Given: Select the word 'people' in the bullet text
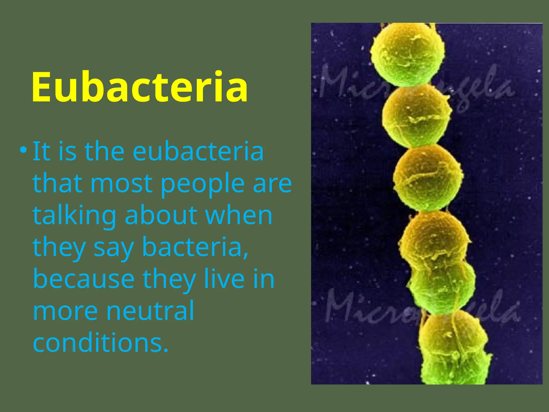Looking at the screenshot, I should pos(203,183).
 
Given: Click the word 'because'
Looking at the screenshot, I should pos(84,279).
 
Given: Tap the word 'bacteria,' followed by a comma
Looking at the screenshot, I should pos(195,247).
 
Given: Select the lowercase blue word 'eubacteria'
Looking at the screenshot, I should pos(198,152).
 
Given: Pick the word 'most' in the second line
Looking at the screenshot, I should pos(121,183).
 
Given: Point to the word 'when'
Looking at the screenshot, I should pos(239,215).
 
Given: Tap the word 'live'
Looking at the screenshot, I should pos(224,279).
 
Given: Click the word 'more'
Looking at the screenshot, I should pos(65,311).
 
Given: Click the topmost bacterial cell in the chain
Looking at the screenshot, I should pos(407,54).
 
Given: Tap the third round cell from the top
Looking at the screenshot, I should pos(428,177).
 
